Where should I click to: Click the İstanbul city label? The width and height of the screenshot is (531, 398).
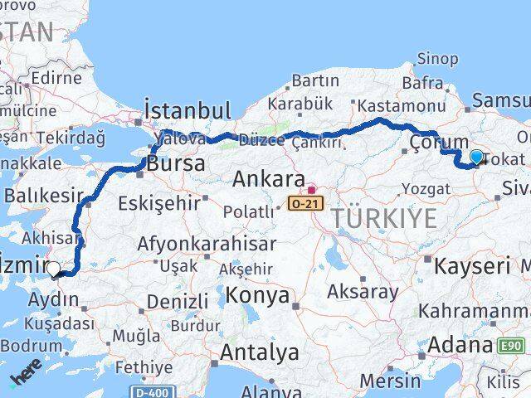click(188, 110)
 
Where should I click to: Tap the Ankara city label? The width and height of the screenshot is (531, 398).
click(268, 179)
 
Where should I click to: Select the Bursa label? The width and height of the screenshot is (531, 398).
click(177, 163)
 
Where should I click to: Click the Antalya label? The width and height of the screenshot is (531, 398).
click(259, 352)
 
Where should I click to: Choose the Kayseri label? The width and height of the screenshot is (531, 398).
click(473, 266)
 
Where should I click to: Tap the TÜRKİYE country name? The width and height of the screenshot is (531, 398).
click(383, 219)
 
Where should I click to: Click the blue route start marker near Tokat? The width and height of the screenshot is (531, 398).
click(476, 156)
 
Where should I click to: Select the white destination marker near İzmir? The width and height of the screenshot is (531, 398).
click(54, 269)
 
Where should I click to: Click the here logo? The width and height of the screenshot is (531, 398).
click(25, 377)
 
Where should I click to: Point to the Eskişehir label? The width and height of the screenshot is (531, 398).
click(159, 201)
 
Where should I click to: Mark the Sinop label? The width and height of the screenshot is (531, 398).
click(436, 58)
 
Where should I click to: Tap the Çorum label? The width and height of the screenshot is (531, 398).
click(439, 143)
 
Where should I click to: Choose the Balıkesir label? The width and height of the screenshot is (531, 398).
click(45, 196)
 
